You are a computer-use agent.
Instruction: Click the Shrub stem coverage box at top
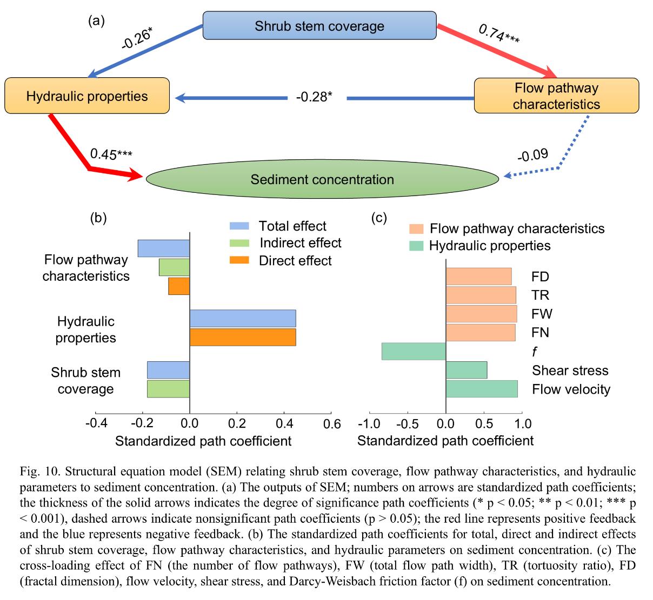[x=319, y=25]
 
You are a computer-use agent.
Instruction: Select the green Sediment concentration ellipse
[x=322, y=179]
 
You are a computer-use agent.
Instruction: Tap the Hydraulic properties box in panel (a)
[x=87, y=96]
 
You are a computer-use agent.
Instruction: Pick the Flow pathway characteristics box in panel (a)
[x=556, y=96]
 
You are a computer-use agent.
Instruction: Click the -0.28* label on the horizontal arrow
[x=314, y=97]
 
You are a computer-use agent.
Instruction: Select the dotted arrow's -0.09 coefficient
[x=532, y=156]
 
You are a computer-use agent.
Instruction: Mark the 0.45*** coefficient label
[x=111, y=154]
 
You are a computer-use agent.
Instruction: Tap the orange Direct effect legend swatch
[x=239, y=260]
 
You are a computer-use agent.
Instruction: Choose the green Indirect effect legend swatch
[x=239, y=243]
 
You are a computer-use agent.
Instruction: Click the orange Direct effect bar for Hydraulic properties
[x=243, y=337]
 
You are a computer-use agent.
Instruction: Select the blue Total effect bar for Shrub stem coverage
[x=168, y=370]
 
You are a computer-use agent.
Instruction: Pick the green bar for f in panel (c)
[x=414, y=352]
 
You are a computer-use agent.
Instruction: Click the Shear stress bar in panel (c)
[x=466, y=370]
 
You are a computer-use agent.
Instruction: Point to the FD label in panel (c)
[x=540, y=277]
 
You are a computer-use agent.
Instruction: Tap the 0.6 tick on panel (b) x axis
[x=331, y=423]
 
